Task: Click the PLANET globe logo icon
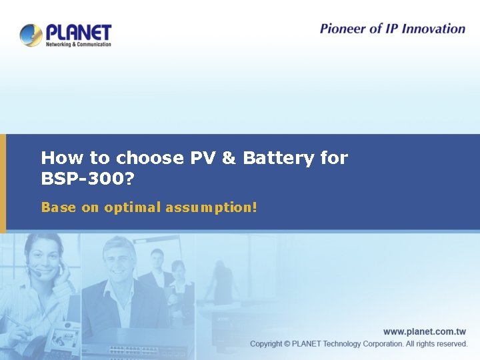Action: click(x=31, y=35)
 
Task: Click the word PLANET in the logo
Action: click(x=78, y=32)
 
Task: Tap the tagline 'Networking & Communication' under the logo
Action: click(x=78, y=45)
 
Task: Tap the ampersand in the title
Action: click(x=229, y=159)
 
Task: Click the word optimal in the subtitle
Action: click(x=132, y=208)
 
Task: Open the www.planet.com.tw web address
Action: click(x=425, y=331)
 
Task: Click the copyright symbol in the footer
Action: click(x=287, y=344)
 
